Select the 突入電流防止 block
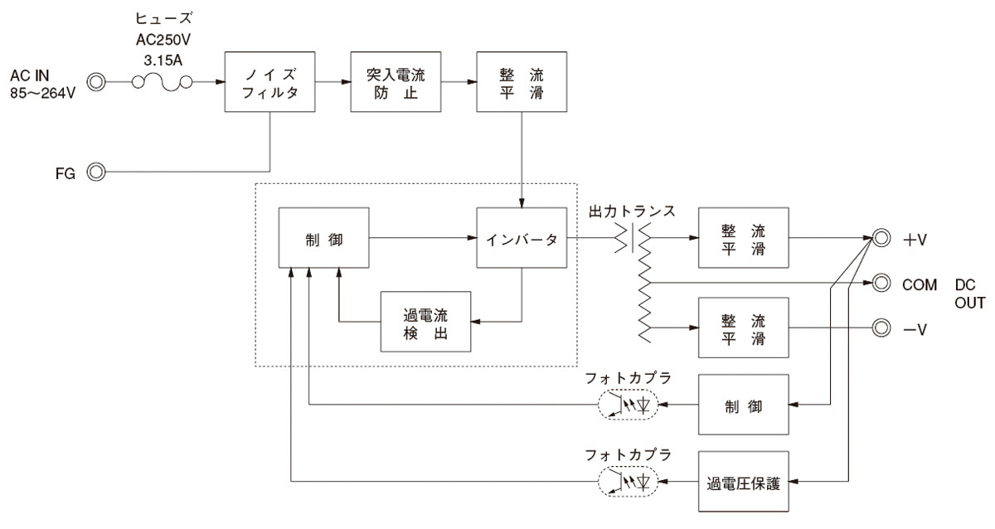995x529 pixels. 396,82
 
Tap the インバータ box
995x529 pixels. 521,238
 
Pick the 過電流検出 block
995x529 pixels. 425,321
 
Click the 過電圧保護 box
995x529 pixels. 744,481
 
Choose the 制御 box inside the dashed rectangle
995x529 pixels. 323,238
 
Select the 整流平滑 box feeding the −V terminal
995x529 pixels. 742,329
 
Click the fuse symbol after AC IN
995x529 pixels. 163,81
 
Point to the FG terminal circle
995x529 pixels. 97,172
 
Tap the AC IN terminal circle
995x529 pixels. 97,81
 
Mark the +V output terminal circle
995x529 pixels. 881,238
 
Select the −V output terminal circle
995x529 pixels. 881,329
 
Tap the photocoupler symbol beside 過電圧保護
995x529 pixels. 628,481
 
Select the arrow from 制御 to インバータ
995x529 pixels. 422,238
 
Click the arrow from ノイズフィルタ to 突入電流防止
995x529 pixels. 334,81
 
